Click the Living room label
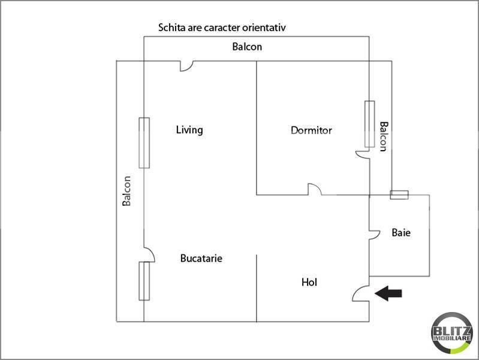[189, 130]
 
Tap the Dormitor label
[311, 130]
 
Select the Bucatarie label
[201, 259]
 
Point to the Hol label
[309, 282]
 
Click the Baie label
[401, 233]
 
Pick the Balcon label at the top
[247, 47]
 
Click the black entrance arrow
[388, 293]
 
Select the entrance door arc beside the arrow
[360, 293]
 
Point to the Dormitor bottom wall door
[315, 190]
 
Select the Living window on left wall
[144, 143]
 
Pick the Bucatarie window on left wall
[144, 281]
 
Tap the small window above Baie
[399, 194]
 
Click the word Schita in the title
[170, 28]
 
